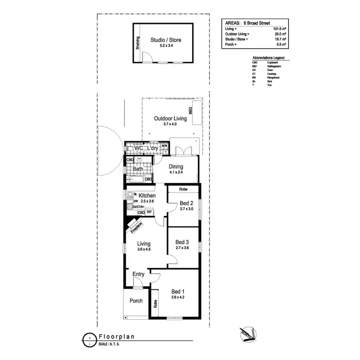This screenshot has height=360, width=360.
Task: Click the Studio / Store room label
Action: [x=166, y=40]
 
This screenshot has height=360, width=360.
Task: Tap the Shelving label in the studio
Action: [x=137, y=44]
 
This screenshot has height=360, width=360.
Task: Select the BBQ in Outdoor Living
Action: [x=191, y=110]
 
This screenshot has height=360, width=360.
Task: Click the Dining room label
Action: [x=176, y=167]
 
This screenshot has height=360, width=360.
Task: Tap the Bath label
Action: [x=138, y=169]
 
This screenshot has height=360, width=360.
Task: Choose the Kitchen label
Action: [x=147, y=196]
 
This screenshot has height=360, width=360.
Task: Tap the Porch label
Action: [x=136, y=301]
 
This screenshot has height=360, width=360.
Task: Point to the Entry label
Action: [x=138, y=274]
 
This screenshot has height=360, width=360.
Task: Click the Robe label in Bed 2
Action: [x=183, y=190]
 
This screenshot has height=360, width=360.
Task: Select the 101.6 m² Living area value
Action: [x=278, y=29]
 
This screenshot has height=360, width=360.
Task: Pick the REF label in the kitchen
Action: [x=149, y=212]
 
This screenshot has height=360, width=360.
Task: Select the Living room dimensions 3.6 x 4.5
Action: [x=144, y=250]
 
